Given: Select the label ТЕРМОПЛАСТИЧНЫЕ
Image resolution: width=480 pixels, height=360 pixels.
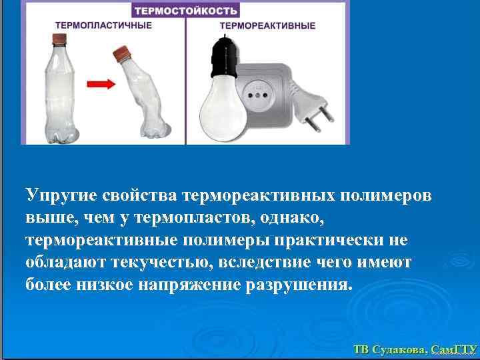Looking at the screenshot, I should pos(103,25).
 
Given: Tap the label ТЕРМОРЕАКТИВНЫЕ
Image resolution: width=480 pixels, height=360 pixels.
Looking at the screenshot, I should pos(267,26).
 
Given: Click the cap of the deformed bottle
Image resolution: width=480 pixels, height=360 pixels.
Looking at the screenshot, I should pos(123,52).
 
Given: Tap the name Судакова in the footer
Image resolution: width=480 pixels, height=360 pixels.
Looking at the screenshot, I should pos(398,349).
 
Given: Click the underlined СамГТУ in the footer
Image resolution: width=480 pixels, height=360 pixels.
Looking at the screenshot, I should pos(453,349).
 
